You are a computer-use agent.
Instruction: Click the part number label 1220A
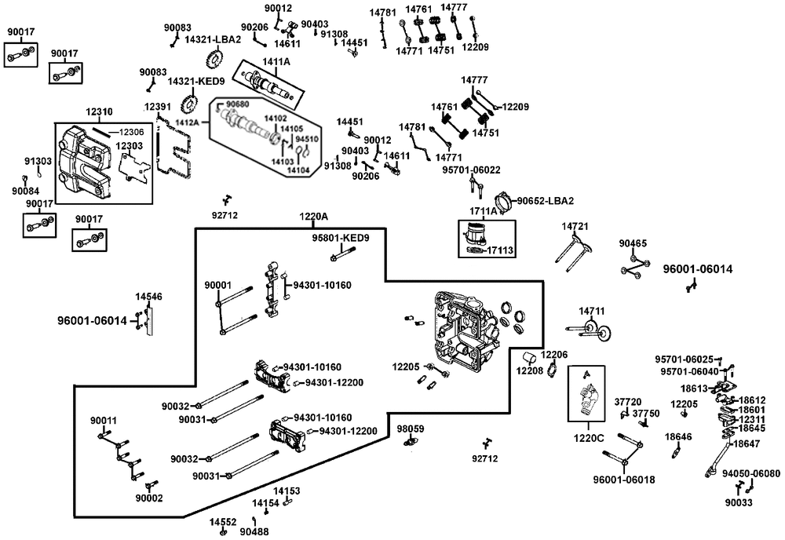coord(313,217)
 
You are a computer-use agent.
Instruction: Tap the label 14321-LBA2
coord(214,39)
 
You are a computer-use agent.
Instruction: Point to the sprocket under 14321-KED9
coord(188,104)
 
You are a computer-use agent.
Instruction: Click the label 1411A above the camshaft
coord(276,61)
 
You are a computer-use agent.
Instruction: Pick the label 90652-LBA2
coord(546,201)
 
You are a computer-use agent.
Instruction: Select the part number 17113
coord(500,250)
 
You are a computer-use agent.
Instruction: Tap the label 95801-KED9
coord(341,239)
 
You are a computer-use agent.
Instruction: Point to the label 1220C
coord(589,439)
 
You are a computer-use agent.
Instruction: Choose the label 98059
coord(411,429)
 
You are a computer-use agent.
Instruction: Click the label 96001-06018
coord(624,480)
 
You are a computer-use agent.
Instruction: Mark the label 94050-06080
coord(751,473)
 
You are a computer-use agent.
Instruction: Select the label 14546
coord(148,297)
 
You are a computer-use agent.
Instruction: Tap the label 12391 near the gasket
coord(157,107)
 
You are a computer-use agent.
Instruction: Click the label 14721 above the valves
coord(575,227)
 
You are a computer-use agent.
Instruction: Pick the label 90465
coord(633,244)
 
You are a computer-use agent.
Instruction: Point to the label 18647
coord(747,443)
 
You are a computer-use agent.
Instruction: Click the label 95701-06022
coord(471,170)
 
